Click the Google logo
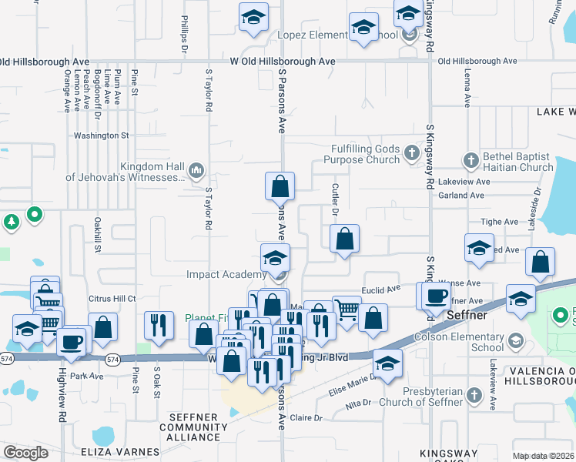[25, 453]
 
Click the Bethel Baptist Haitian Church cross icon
[471, 160]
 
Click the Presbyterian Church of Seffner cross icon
[475, 397]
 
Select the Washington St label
[101, 136]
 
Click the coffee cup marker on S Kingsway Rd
[434, 295]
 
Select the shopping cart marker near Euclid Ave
[347, 310]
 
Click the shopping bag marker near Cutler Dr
[344, 239]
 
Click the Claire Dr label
[306, 417]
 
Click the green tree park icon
[12, 223]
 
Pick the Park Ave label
[86, 377]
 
